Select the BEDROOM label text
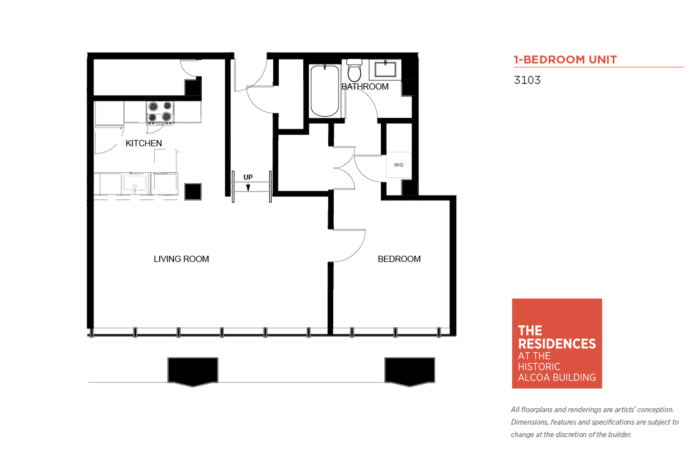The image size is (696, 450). (x=399, y=259)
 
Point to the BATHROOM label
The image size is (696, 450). (x=365, y=86)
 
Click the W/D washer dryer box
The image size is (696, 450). (x=399, y=165)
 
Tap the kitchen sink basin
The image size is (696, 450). (x=135, y=183)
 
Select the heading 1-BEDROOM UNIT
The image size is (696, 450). (x=565, y=60)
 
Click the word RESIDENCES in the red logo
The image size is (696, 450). (x=557, y=344)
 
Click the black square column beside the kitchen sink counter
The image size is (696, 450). (x=193, y=192)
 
